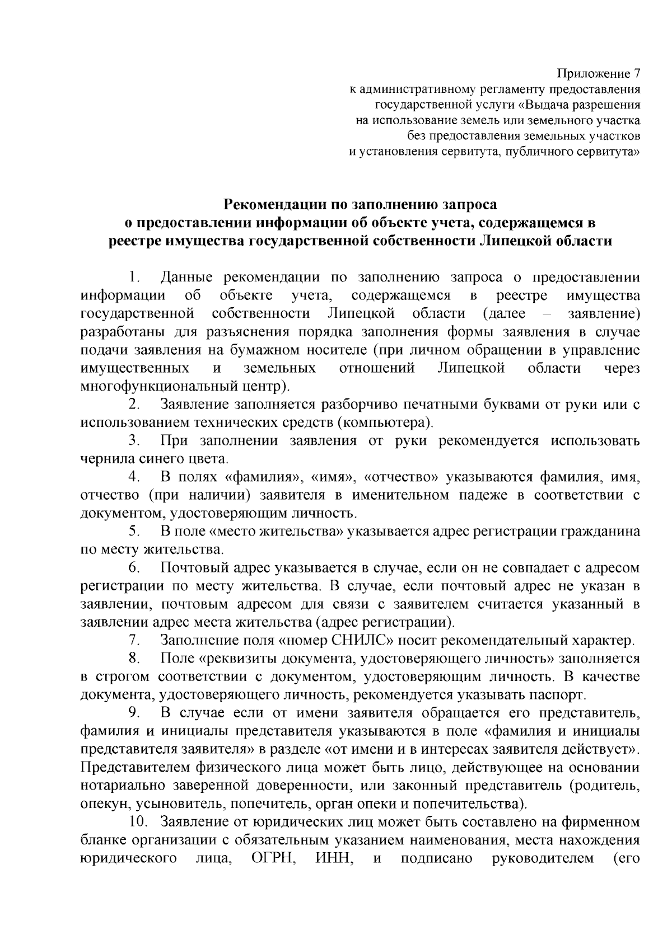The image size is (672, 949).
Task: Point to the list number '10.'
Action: [138, 822]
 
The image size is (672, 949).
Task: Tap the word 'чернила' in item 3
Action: [104, 458]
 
